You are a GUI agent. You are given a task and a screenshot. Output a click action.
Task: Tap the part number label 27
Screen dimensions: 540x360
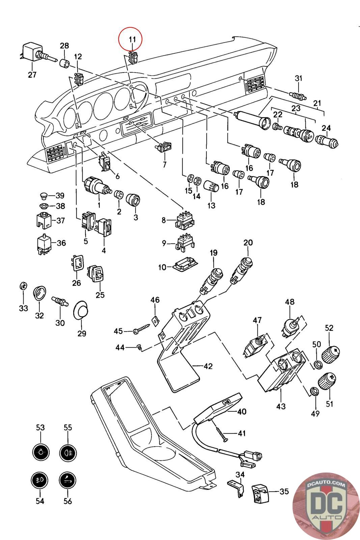32,75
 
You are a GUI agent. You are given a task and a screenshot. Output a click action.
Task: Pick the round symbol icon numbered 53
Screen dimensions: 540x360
40,452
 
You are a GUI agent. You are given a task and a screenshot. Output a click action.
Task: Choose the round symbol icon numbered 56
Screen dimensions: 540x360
67,480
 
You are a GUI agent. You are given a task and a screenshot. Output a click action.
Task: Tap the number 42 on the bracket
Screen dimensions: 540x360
208,366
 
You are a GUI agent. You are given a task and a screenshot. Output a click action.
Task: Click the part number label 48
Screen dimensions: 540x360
290,302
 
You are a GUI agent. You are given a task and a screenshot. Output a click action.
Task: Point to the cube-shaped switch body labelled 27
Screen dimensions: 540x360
31,52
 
